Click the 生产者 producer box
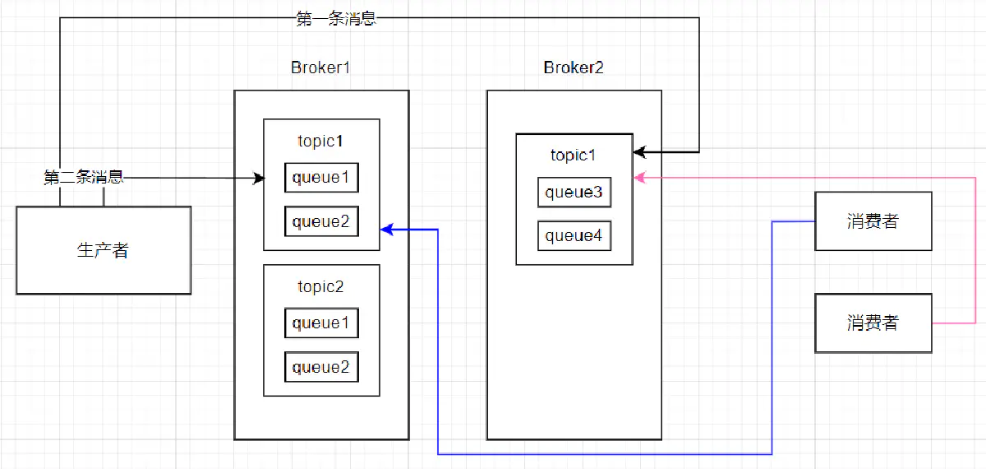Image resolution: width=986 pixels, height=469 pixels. point(104,250)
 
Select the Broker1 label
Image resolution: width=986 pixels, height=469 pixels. point(320,67)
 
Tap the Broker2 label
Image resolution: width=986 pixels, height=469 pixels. point(574,67)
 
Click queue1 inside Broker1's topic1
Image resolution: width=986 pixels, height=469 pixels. point(321,178)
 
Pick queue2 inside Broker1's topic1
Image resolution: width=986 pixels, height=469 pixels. point(321,221)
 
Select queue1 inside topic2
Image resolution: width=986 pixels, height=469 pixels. point(321,323)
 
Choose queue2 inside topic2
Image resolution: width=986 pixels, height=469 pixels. point(321,367)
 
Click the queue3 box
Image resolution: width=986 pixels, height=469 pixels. point(574,193)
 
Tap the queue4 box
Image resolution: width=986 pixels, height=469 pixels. point(574,236)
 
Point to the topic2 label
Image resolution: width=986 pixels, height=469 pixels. point(321,286)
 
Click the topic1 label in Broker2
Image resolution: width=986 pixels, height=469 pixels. point(574,155)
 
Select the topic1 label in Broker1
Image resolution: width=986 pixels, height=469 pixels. point(321,141)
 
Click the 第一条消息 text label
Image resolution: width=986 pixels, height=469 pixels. point(336,19)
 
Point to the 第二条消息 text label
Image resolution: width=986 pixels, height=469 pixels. point(84,177)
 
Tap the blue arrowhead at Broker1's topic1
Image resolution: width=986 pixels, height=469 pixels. point(385,230)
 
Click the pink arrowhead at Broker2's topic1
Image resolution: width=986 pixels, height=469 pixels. point(639,176)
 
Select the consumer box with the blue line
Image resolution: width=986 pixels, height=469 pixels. point(873,221)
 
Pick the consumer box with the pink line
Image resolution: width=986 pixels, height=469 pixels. point(873,323)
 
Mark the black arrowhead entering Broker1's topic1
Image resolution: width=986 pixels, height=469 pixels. point(259,178)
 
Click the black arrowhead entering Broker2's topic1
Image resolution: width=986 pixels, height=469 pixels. point(639,152)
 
